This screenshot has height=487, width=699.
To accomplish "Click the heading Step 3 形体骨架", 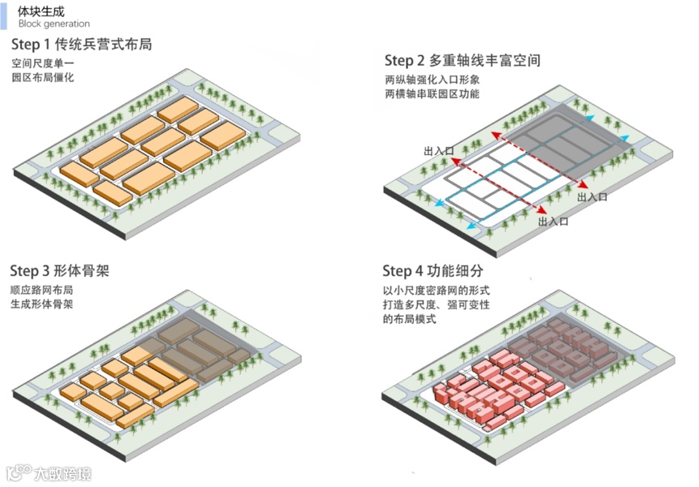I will coord(60,271).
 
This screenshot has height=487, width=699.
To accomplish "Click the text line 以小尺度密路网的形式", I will coord(436,289).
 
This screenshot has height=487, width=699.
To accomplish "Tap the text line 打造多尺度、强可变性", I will coord(437,304).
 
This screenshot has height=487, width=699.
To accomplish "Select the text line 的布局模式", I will coord(410,320).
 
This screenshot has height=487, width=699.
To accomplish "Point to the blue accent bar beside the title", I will coord(3,16).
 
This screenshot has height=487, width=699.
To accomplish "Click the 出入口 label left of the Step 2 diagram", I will coord(439,151).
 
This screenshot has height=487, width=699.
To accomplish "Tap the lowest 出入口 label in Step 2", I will coord(554,220).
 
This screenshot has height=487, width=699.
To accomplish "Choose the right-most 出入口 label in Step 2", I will coord(592,196).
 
